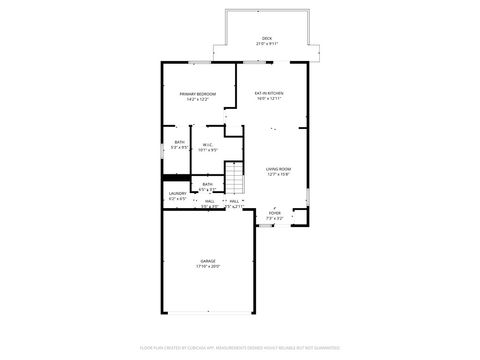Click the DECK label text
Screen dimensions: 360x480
267,39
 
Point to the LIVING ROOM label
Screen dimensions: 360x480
278,169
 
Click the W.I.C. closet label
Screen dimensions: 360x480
207,145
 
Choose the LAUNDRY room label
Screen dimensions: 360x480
177,194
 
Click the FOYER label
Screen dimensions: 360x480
275,212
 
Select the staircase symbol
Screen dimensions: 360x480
234,181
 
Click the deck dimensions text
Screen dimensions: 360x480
267,44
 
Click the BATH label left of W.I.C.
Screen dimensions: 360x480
180,142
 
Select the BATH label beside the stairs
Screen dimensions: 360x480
207,184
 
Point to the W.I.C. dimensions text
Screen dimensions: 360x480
207,150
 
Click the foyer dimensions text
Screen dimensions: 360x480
275,217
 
